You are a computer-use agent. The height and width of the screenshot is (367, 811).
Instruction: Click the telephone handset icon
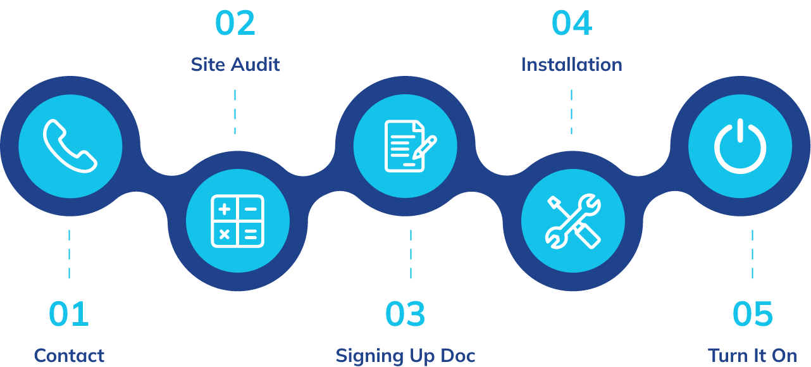pos(70,146)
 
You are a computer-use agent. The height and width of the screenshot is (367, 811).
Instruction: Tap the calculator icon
pos(237,221)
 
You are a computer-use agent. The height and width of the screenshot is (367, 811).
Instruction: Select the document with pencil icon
pos(406,146)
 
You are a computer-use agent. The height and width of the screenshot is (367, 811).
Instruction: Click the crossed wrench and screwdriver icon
pos(573,221)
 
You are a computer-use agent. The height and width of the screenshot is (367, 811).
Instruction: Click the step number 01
pos(69,314)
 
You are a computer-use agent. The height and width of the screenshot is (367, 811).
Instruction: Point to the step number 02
pos(235,23)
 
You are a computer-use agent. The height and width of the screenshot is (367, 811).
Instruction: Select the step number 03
pos(406,314)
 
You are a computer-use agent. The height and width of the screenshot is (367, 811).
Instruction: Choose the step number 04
pos(571,23)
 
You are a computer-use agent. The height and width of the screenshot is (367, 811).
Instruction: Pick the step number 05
pos(752,314)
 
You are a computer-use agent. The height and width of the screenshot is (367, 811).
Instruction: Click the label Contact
pos(69,356)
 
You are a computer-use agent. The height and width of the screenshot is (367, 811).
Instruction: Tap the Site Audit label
pos(235,65)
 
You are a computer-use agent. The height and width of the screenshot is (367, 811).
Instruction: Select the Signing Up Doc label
pos(406,356)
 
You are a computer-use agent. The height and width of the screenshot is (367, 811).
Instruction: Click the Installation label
pos(571,65)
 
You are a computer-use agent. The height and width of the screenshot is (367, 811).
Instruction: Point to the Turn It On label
pos(752,356)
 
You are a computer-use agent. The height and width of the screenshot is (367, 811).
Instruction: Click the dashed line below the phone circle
pos(69,254)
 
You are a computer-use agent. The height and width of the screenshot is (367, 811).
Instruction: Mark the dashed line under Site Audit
pos(235,111)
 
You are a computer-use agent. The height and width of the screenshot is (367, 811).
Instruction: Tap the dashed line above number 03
pos(411,254)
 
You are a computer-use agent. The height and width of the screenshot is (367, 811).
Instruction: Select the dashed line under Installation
pos(571,111)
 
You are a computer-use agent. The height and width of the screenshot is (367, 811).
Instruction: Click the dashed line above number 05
pos(752,254)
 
